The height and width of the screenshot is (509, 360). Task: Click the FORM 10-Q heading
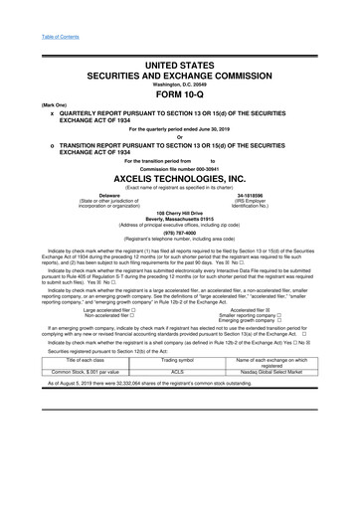(x=179, y=82)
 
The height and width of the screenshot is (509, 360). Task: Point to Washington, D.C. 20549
(x=179, y=70)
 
